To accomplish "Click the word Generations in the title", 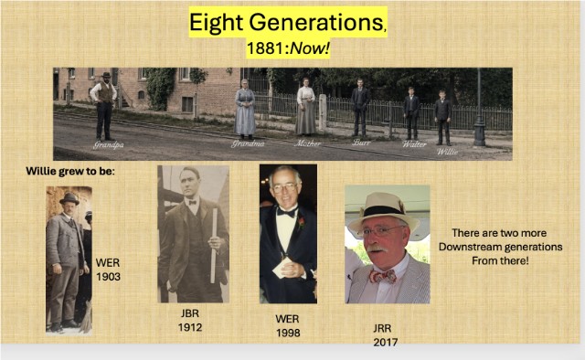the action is tap(316, 22).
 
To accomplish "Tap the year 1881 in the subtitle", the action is tap(266, 48).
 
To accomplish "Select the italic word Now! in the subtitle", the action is tap(310, 48).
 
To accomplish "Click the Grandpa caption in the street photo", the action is tap(109, 144).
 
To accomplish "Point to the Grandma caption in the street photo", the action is tap(248, 143).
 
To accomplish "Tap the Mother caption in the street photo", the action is tap(307, 143).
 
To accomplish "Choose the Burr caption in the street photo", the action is tap(362, 143).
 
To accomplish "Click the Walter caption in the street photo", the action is tap(414, 144).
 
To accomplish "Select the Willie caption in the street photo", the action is tap(447, 152).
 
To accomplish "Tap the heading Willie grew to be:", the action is tap(70, 171).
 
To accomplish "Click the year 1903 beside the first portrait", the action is tap(108, 277).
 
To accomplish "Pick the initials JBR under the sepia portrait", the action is tap(190, 313).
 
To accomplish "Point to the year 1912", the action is tap(190, 327).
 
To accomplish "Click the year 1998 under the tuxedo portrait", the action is tap(288, 333).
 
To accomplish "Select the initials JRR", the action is tap(382, 328).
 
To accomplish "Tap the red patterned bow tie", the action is tap(382, 277).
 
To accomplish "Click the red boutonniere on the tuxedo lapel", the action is tap(301, 223).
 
